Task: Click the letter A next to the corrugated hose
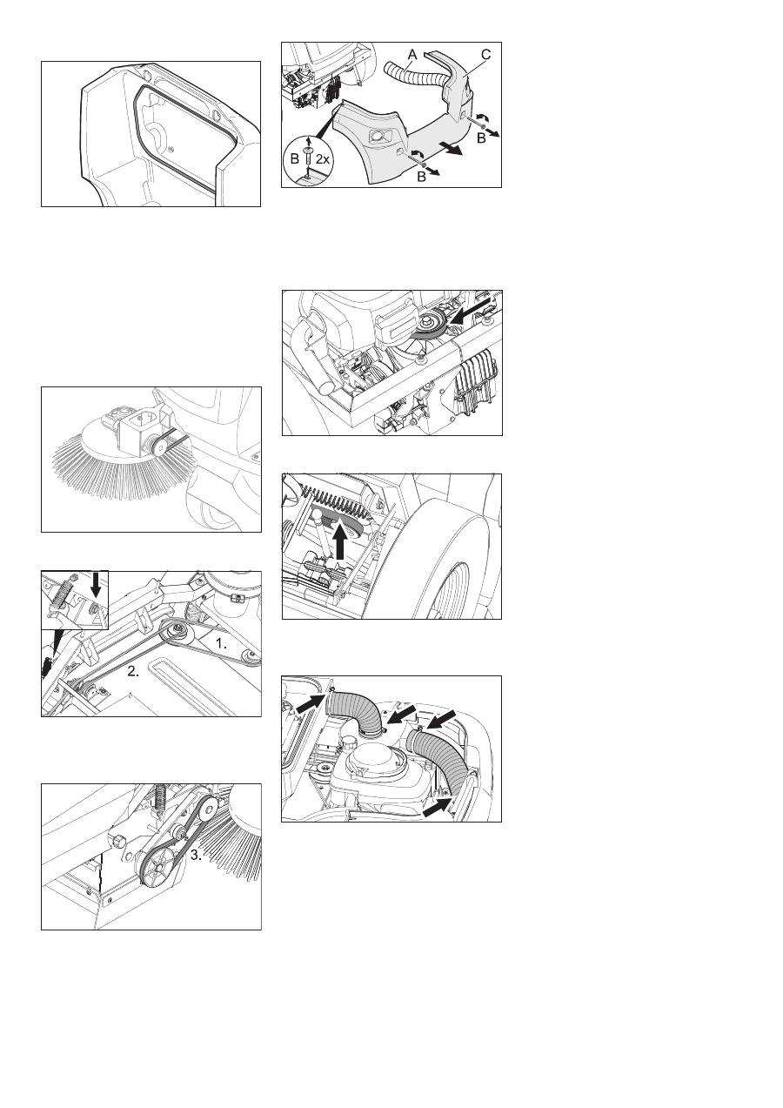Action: click(412, 56)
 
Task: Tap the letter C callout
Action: click(485, 55)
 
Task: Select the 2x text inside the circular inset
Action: click(322, 159)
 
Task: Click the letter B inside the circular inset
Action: click(294, 159)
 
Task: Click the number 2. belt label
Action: click(133, 671)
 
